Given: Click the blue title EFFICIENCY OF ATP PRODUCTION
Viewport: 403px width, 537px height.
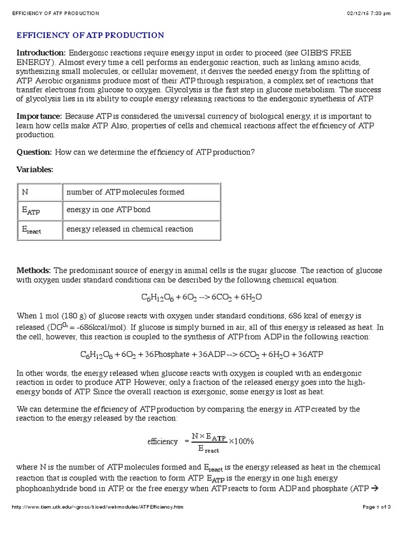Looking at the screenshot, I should point(90,35).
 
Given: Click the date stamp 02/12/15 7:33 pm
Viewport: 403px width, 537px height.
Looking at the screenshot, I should point(369,13).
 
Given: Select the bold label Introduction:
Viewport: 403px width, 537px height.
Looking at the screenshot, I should point(41,53).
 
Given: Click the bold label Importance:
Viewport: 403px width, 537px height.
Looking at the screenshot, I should point(40,116).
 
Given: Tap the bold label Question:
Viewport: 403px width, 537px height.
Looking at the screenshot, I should point(35,152).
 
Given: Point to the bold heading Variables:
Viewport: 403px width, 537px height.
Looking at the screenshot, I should point(35,169).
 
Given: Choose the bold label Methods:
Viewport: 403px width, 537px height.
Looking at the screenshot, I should point(34,270).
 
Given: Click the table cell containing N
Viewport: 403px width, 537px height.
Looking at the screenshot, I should point(40,192).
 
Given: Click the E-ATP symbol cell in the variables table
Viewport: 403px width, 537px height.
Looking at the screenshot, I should point(40,211).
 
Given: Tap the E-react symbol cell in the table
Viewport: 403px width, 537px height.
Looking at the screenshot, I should point(40,230).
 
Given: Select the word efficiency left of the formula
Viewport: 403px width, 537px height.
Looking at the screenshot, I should point(162,441).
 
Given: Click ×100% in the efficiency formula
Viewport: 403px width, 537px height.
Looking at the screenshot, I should point(241,441).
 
